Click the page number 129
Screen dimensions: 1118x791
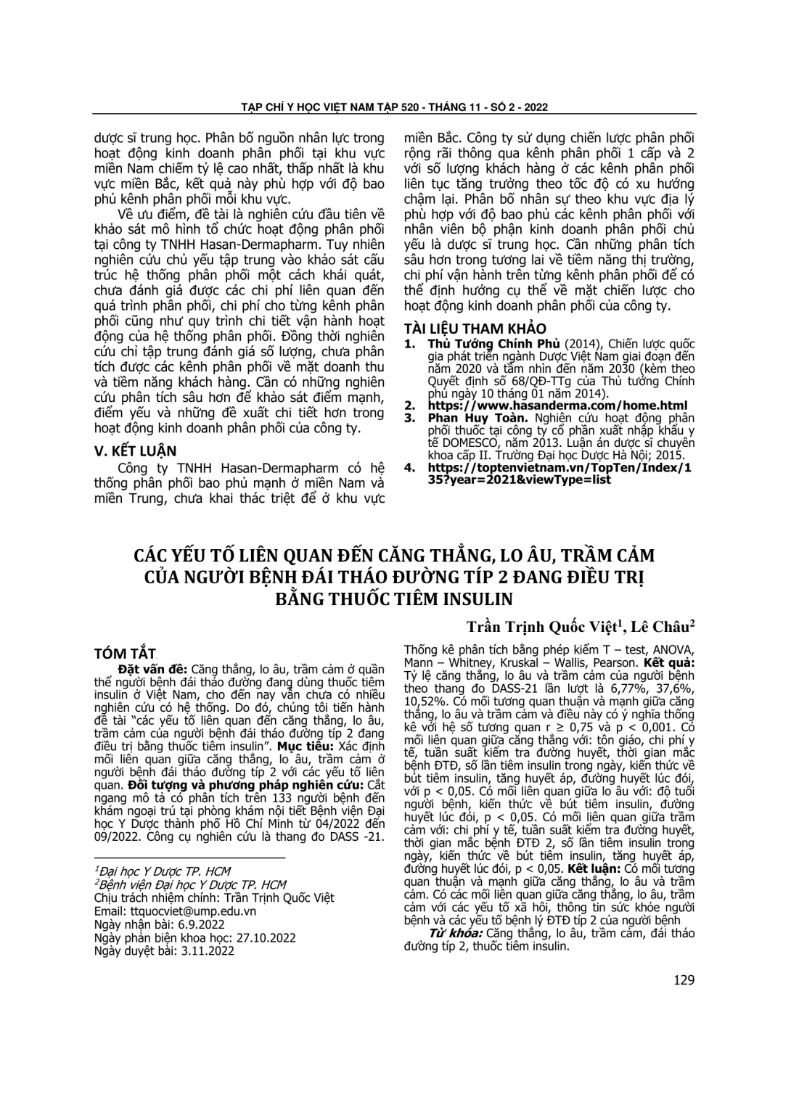point(684,979)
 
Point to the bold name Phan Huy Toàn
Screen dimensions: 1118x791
point(469,418)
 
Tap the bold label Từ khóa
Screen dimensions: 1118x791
point(456,933)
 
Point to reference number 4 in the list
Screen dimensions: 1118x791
point(410,468)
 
